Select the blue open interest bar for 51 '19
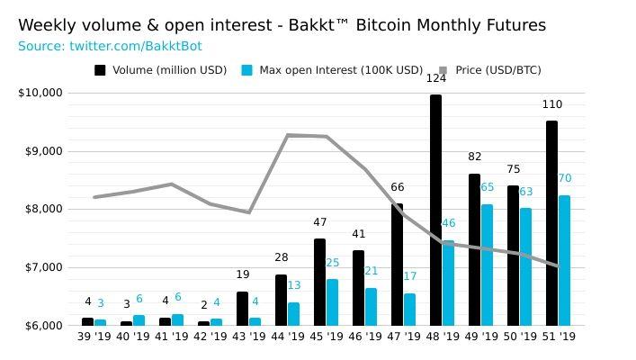click(564, 260)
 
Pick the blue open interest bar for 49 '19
click(487, 265)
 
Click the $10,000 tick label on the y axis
click(40, 93)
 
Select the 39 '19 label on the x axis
click(94, 337)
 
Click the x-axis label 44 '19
click(288, 337)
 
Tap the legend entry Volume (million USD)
click(163, 70)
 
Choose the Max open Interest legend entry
click(333, 70)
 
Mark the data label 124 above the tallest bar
click(435, 78)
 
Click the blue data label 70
click(565, 178)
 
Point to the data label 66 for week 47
click(397, 187)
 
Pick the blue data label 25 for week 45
click(332, 263)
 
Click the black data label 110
click(551, 104)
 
